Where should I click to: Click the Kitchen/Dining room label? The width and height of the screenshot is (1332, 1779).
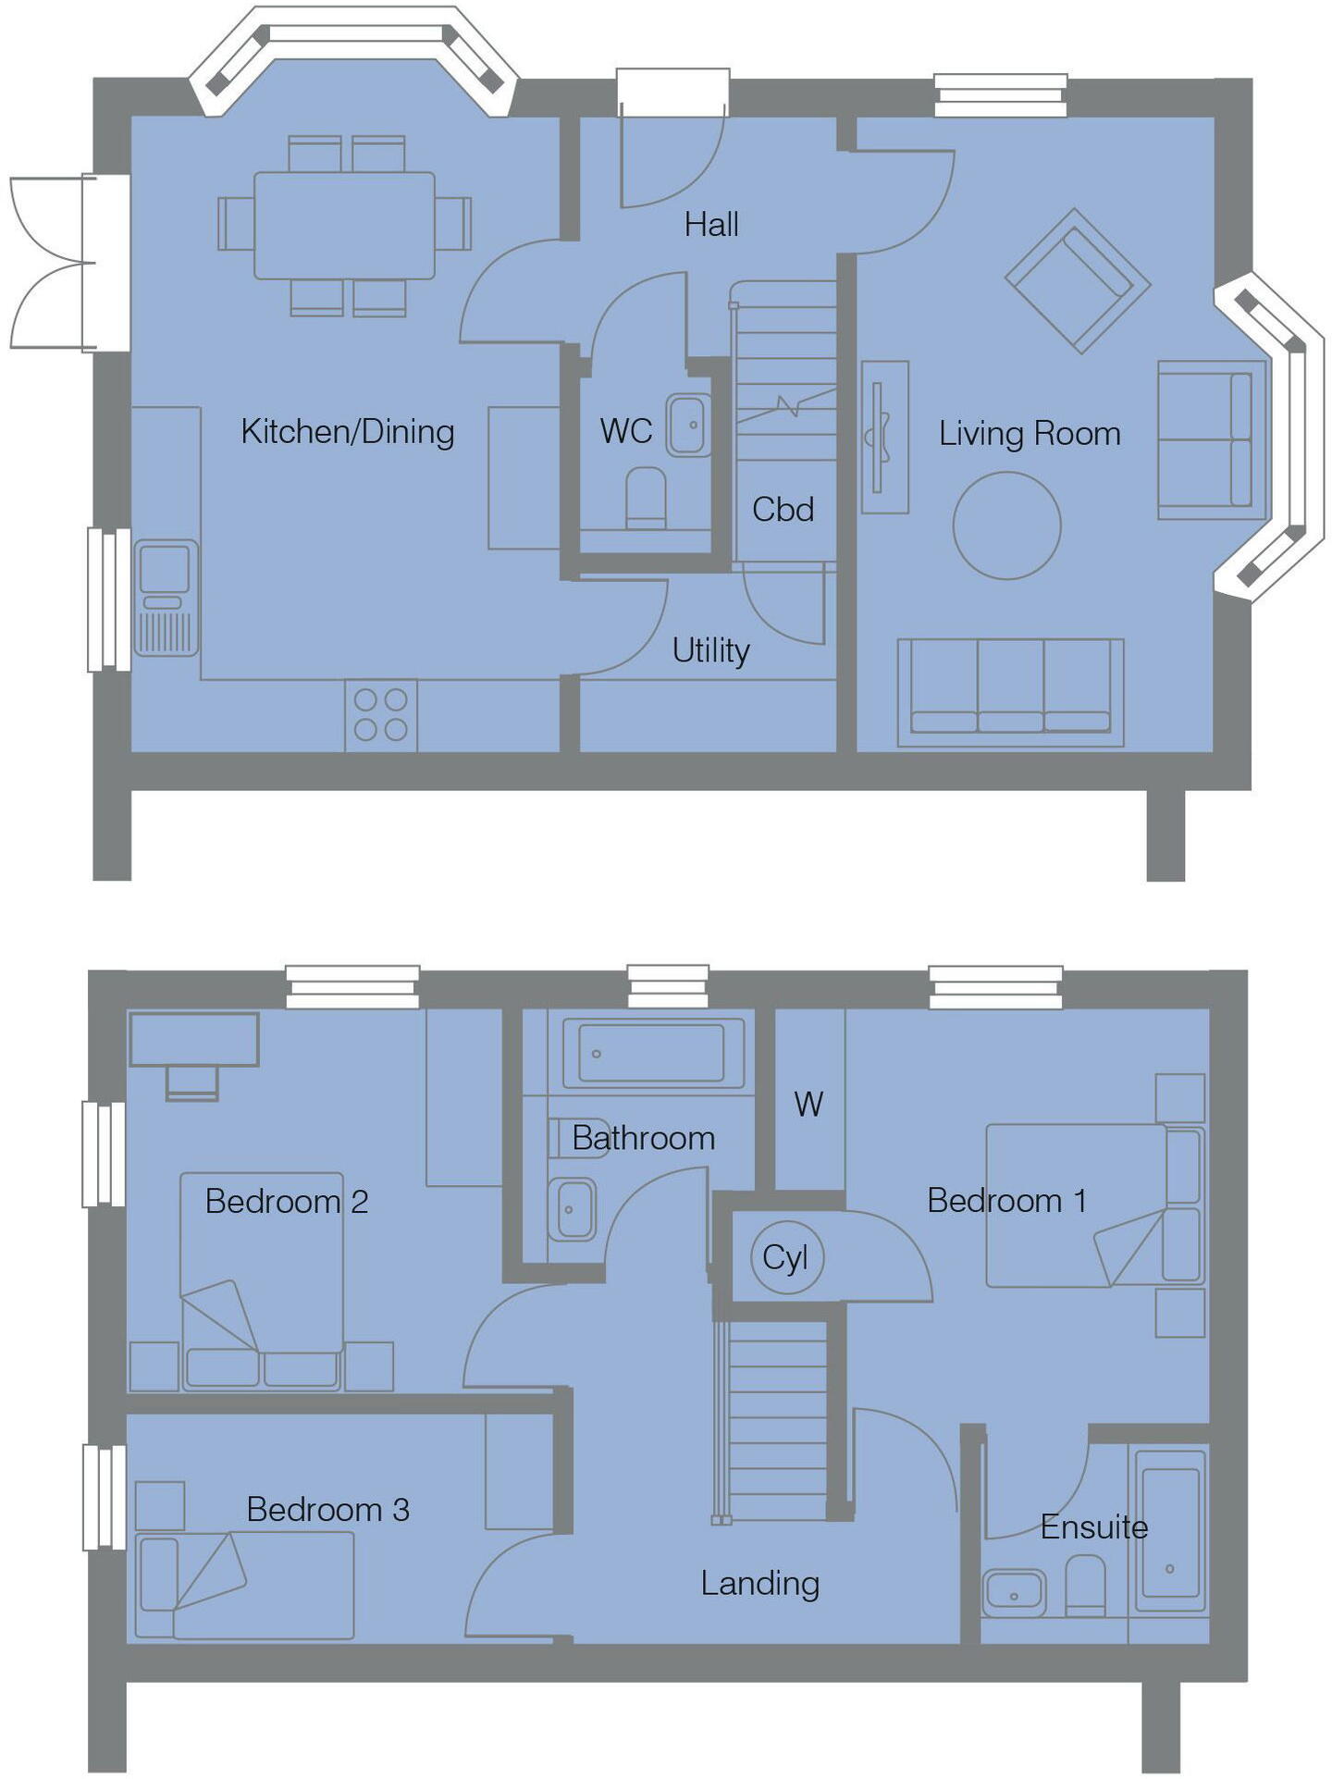(347, 431)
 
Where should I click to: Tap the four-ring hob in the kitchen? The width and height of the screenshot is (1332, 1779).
(381, 715)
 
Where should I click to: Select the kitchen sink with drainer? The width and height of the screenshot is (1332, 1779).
(166, 598)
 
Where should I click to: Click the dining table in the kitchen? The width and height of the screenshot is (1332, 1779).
(344, 225)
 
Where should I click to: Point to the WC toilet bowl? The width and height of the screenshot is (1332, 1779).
(646, 497)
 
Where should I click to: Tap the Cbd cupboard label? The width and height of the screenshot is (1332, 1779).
(783, 510)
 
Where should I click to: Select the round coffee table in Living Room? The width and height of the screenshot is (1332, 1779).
(1006, 525)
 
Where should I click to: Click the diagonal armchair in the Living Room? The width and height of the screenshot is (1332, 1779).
(1078, 279)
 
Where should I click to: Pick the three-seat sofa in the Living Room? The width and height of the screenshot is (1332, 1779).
(1010, 692)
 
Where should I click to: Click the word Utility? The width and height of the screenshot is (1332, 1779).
(710, 650)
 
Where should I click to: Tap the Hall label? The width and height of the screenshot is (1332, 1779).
(711, 225)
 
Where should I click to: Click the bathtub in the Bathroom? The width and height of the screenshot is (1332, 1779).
(651, 1053)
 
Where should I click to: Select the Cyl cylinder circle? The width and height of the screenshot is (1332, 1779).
(785, 1257)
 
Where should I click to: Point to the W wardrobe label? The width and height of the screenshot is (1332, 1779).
(808, 1104)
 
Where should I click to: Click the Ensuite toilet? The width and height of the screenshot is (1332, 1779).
(1085, 1584)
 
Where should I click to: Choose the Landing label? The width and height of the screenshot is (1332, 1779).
(759, 1583)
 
